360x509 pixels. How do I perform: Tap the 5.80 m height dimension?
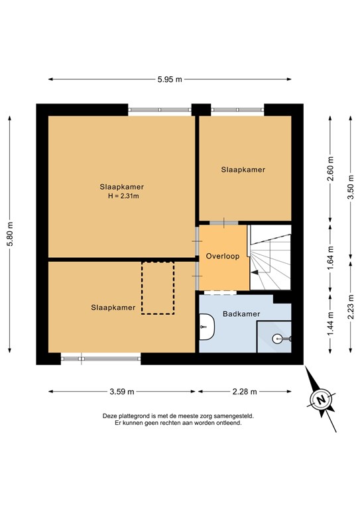pos(9,233)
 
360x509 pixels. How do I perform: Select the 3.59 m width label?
pos(121,392)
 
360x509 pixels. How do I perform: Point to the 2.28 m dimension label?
pos(244,392)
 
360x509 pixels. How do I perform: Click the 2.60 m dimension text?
pos(331,168)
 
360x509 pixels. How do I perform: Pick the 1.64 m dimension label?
pos(331,255)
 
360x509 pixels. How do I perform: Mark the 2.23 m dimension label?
pos(351,307)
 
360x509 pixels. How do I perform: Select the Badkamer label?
pos(241,314)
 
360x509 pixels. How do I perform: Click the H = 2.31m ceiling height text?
pos(122,196)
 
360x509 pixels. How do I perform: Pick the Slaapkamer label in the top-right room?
pos(243,170)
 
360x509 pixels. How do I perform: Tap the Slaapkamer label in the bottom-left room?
pos(113,308)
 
